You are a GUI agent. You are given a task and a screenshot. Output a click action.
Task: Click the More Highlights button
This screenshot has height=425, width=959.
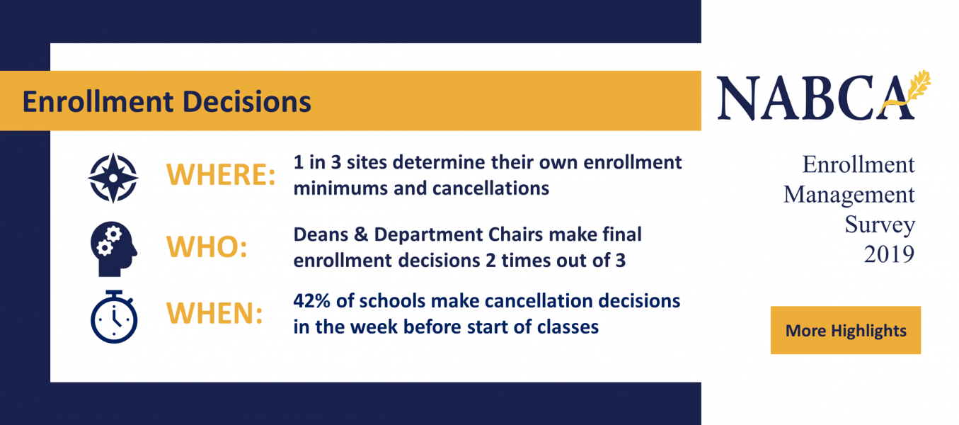[x=846, y=330]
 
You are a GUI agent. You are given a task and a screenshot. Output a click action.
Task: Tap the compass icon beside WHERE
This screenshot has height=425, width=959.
[x=113, y=178]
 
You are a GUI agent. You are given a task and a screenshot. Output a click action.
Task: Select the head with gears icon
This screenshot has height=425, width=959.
[x=113, y=249]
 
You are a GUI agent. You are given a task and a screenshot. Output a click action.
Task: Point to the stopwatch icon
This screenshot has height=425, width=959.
[x=114, y=317]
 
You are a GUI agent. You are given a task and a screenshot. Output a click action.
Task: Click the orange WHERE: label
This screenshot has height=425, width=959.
[x=221, y=175]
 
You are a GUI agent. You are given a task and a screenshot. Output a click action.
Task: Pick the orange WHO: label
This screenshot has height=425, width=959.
[x=207, y=246]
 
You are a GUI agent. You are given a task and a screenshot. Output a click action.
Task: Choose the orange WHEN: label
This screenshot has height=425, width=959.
[x=214, y=313]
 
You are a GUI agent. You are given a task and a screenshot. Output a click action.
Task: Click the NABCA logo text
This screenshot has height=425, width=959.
[x=815, y=98]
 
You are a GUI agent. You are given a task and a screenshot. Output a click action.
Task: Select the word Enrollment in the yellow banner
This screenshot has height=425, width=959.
[x=98, y=102]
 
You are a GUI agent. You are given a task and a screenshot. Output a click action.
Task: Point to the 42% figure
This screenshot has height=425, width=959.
[x=311, y=301]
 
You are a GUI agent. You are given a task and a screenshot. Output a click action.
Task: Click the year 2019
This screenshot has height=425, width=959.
[x=889, y=254]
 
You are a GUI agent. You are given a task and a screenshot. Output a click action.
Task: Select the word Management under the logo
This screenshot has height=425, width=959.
[x=849, y=195]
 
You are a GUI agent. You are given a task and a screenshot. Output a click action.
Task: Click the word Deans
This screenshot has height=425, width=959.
[x=320, y=234]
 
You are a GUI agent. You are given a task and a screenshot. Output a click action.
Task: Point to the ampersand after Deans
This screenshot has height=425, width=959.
[x=362, y=234]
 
